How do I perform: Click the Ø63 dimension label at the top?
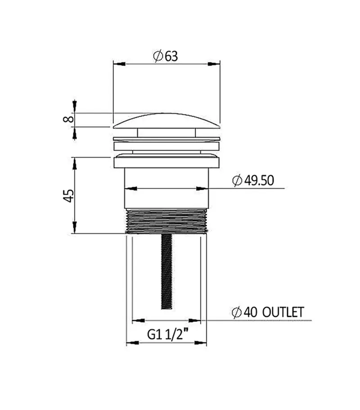click(x=166, y=56)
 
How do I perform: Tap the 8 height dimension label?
click(x=68, y=119)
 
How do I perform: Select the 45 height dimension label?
click(x=68, y=196)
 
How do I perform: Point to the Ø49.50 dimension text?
click(x=253, y=180)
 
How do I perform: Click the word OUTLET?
click(x=283, y=312)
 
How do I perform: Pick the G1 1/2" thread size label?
click(x=168, y=334)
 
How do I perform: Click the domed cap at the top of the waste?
click(x=166, y=121)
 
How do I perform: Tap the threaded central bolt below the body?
click(x=166, y=272)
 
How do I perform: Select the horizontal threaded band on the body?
click(x=166, y=221)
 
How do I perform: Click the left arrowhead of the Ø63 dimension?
click(x=119, y=64)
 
